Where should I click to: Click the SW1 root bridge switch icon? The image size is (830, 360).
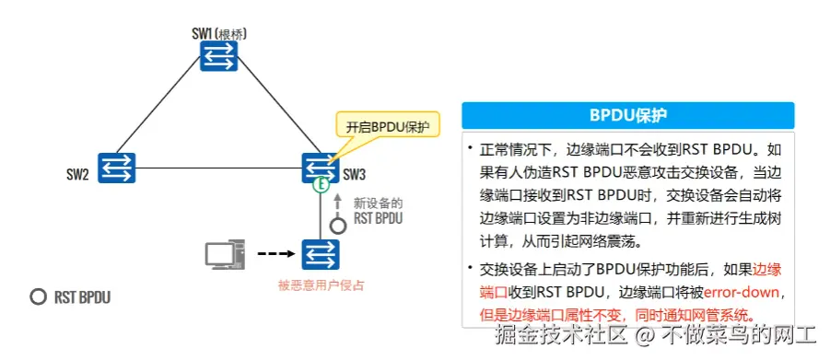pyautogui.click(x=219, y=58)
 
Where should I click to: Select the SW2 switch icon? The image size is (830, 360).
pyautogui.click(x=117, y=168)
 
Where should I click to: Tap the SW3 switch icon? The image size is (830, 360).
pyautogui.click(x=321, y=168)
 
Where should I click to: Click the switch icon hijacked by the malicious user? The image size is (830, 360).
pyautogui.click(x=321, y=252)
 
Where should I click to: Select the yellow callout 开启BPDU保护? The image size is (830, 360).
pyautogui.click(x=387, y=126)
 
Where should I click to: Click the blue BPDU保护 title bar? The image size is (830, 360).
pyautogui.click(x=627, y=117)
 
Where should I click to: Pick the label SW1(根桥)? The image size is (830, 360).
pyautogui.click(x=219, y=33)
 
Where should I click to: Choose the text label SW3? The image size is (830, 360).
pyautogui.click(x=355, y=174)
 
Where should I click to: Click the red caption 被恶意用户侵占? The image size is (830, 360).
pyautogui.click(x=321, y=285)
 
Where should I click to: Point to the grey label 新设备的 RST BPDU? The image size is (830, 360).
pyautogui.click(x=378, y=211)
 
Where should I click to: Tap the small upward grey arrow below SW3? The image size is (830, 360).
pyautogui.click(x=338, y=202)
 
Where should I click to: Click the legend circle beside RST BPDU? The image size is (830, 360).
pyautogui.click(x=38, y=297)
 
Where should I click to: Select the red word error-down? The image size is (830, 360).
pyautogui.click(x=742, y=292)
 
